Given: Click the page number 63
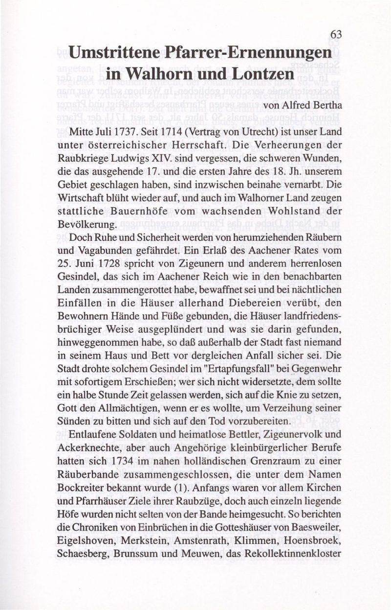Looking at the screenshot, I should click(335, 35).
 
